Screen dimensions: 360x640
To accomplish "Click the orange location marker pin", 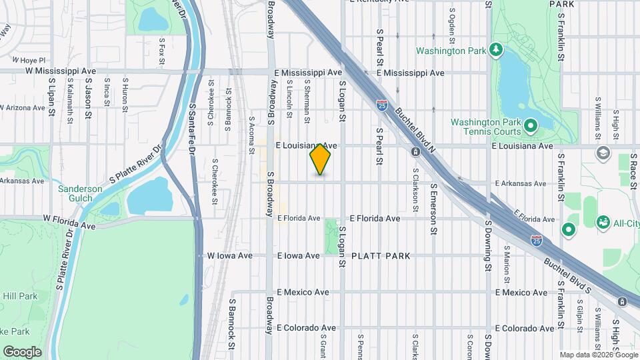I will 321,159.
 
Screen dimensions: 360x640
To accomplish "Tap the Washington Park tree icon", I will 495,50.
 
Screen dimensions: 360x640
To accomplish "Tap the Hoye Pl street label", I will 33,60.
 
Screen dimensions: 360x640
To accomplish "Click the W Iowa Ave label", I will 230,255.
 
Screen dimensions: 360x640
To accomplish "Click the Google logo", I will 22,351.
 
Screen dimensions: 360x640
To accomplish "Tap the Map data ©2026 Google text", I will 597,354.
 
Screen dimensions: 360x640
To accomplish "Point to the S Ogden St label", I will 453,22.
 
